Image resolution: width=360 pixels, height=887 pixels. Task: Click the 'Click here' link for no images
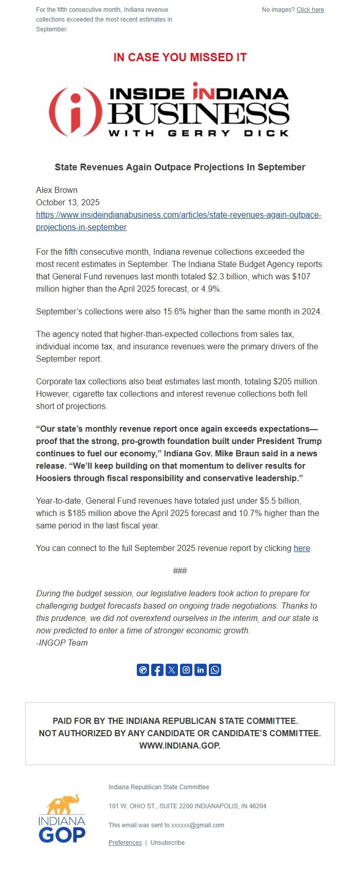tap(310, 10)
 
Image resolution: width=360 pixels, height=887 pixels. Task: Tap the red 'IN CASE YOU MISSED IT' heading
tap(180, 58)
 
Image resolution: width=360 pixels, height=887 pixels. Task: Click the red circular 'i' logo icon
tap(75, 111)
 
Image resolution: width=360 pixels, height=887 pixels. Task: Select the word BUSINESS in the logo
tap(198, 114)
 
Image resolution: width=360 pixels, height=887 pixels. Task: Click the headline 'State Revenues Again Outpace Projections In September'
tap(180, 167)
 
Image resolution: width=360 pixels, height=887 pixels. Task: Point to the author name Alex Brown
tap(57, 190)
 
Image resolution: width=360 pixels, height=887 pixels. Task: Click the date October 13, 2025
tap(68, 202)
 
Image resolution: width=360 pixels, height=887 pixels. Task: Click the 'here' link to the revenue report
tap(301, 548)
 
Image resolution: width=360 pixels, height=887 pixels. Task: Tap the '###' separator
tap(180, 571)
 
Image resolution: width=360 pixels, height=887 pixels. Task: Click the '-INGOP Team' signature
tap(62, 643)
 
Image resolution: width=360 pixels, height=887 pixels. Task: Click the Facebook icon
tap(157, 670)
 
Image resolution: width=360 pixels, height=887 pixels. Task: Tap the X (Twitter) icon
tap(172, 670)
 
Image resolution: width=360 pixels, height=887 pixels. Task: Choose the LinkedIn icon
tap(201, 670)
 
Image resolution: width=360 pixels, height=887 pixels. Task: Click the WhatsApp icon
tap(215, 670)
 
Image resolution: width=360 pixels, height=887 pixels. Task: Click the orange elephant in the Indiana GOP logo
tap(64, 804)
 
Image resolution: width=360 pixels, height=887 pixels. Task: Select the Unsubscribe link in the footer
tap(167, 842)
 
